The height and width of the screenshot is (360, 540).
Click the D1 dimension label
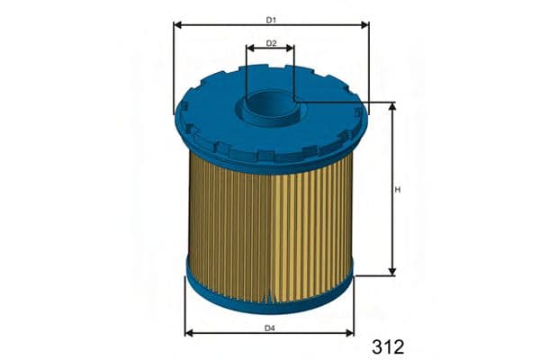[271, 19]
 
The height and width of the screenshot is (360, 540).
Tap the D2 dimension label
[271, 42]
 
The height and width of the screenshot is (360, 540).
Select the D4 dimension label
[270, 328]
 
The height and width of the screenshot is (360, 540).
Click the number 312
[387, 346]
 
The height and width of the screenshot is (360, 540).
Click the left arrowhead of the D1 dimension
[178, 25]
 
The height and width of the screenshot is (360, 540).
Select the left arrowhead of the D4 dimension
[189, 333]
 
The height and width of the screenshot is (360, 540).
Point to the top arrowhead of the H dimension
[392, 108]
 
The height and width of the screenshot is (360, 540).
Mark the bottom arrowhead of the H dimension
[392, 269]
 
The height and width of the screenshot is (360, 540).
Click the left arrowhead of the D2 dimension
[249, 49]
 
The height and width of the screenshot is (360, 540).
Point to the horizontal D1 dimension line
[225, 25]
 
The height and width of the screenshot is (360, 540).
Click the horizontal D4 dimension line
[225, 333]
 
